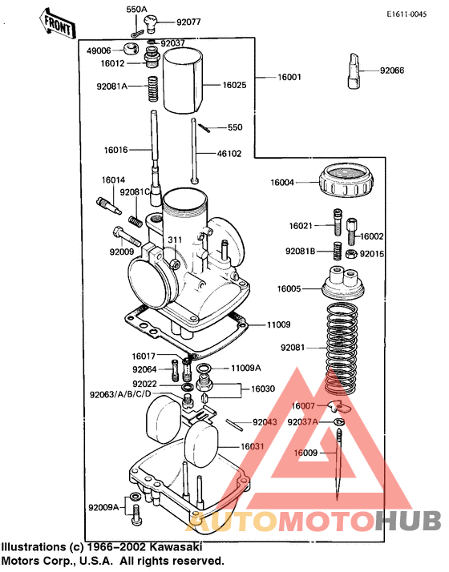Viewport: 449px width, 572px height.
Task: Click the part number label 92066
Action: coord(393,70)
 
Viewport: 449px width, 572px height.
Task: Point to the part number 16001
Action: coord(289,78)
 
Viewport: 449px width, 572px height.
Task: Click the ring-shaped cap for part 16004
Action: coord(346,182)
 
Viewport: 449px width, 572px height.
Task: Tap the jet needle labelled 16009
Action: coord(342,461)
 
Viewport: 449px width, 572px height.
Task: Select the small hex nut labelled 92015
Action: coord(350,253)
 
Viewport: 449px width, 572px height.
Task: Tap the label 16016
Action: coord(115,149)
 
